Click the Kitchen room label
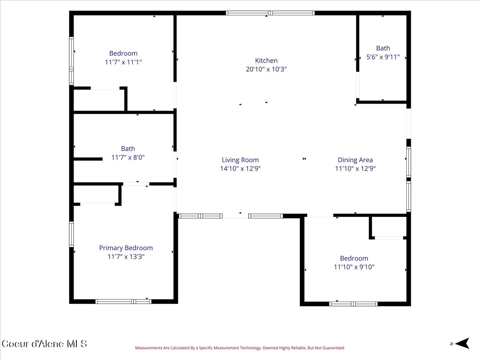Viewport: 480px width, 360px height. pos(266,60)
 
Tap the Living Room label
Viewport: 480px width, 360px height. pos(240,160)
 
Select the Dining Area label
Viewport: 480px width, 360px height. pos(355,160)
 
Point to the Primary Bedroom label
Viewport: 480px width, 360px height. pos(126,248)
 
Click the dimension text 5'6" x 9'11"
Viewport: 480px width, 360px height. pos(383,57)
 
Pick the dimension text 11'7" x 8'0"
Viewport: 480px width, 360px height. pos(128,157)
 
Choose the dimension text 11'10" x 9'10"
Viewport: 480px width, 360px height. pos(354,267)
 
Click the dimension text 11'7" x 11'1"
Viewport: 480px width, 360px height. pos(123,62)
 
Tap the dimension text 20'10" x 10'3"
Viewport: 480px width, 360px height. pos(266,69)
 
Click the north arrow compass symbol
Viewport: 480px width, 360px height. pos(463,343)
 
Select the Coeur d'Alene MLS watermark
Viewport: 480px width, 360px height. pos(44,344)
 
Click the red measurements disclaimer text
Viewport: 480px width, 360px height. pos(240,348)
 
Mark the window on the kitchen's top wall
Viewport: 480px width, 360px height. pos(270,13)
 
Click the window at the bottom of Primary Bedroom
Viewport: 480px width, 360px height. pos(123,302)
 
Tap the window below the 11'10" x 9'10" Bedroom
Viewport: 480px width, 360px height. pos(353,304)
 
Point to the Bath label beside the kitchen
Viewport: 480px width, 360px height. pos(383,48)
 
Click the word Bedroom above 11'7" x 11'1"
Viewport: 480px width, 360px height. pos(123,53)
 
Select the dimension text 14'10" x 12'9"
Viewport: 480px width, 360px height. pos(240,168)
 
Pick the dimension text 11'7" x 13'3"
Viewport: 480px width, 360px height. pos(126,256)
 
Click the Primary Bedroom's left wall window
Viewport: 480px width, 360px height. pos(71,234)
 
